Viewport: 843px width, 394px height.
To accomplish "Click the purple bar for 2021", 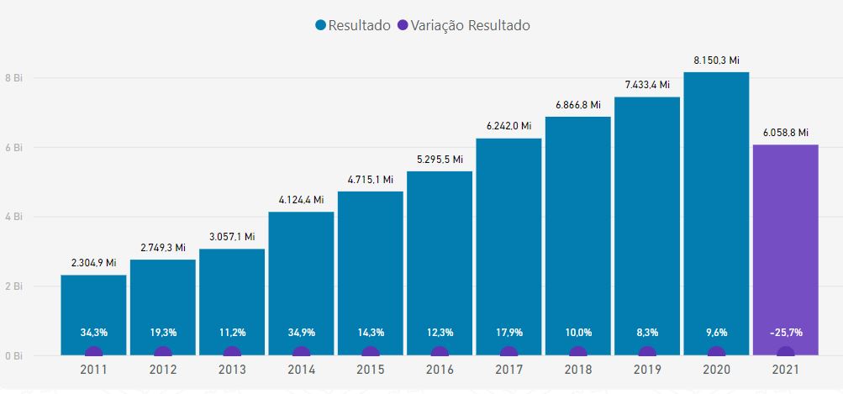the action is [x=786, y=250].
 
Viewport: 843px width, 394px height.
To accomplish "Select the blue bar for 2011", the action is [x=93, y=315].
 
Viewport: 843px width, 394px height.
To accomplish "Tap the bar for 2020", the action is [x=716, y=213].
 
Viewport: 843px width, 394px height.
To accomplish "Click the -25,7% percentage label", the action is [x=786, y=332].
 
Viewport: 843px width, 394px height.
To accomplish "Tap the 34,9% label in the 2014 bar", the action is [x=302, y=332].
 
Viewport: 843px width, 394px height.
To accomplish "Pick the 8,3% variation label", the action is [x=647, y=332].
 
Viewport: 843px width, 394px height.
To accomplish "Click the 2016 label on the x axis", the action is [x=440, y=370].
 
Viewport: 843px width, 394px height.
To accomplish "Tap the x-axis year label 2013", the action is [x=232, y=370].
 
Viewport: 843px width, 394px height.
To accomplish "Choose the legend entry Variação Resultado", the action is [x=463, y=25].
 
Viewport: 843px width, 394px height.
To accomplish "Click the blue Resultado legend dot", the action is [x=321, y=25].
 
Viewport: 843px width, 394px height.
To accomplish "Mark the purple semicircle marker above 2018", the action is [x=578, y=351].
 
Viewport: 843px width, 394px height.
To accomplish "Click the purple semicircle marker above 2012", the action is [x=163, y=351].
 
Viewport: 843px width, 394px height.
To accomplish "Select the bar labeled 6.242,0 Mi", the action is [x=508, y=247].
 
